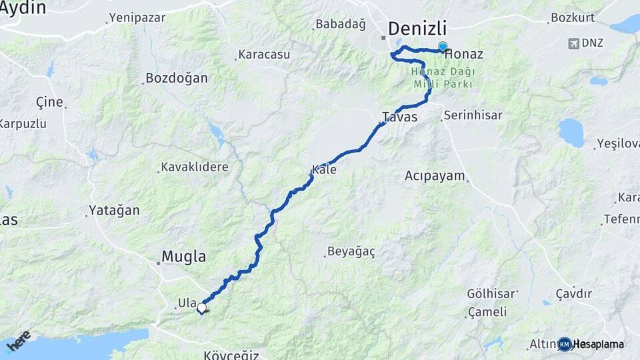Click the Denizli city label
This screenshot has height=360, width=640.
pyautogui.click(x=417, y=29)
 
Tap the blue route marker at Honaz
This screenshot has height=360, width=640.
pyautogui.click(x=443, y=47)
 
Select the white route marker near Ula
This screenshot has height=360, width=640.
pyautogui.click(x=201, y=308)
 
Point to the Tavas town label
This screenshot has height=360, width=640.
pyautogui.click(x=399, y=117)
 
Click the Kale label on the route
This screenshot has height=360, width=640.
pyautogui.click(x=324, y=170)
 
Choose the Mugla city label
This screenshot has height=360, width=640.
pyautogui.click(x=184, y=257)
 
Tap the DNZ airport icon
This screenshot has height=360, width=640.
pyautogui.click(x=572, y=43)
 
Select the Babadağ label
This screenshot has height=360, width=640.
pyautogui.click(x=341, y=25)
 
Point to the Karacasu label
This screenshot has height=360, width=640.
pyautogui.click(x=264, y=55)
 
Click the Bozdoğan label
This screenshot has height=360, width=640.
pyautogui.click(x=177, y=78)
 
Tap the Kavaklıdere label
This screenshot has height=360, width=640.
pyautogui.click(x=195, y=167)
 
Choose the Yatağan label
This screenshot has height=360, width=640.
pyautogui.click(x=114, y=211)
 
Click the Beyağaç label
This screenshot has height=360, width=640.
pyautogui.click(x=351, y=252)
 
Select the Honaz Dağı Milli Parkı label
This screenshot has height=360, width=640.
pyautogui.click(x=443, y=78)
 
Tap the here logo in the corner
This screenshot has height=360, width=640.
pyautogui.click(x=19, y=339)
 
